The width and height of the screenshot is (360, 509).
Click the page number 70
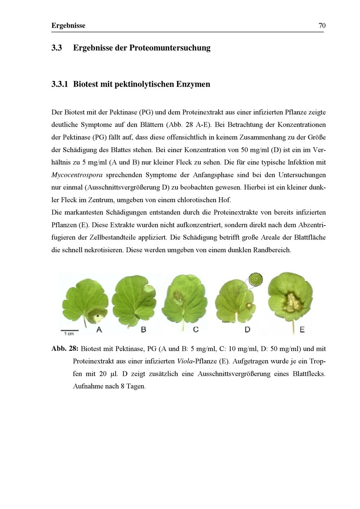(x=322, y=26)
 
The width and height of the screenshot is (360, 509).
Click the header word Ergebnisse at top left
(x=68, y=26)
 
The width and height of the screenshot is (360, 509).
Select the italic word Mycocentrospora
(x=77, y=175)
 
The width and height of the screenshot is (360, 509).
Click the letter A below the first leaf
(x=99, y=329)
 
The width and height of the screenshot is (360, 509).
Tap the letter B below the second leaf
(x=143, y=329)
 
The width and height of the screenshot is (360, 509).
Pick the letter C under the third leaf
(x=196, y=329)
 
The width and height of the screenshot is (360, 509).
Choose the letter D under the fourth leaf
(x=247, y=329)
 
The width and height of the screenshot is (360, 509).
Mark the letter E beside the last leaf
(x=302, y=329)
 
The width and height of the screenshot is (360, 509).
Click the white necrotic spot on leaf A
(x=97, y=317)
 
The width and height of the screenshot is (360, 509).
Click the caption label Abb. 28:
(x=64, y=349)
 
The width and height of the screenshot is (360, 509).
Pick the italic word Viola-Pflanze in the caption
(x=197, y=361)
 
